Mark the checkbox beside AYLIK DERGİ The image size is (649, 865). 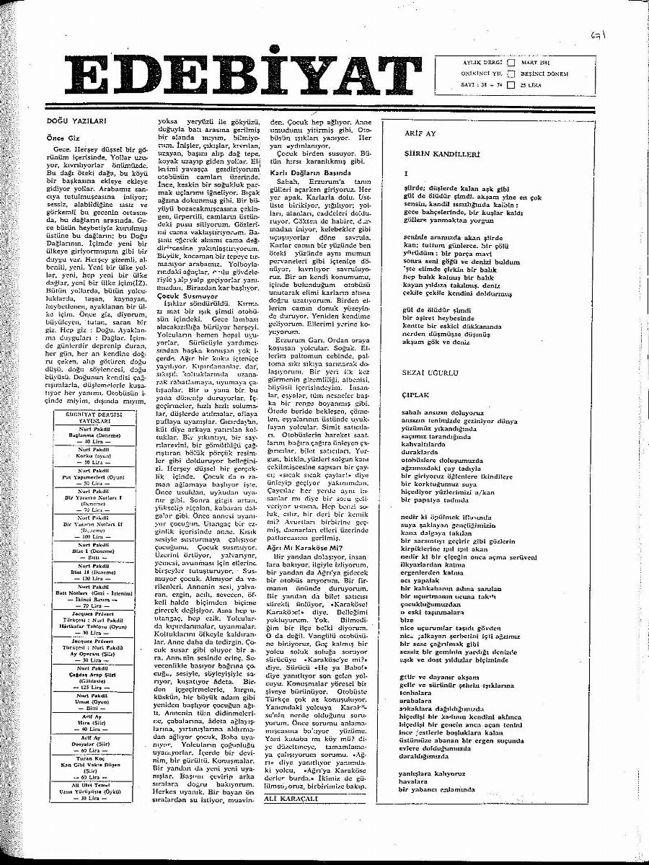[x=511, y=63]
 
